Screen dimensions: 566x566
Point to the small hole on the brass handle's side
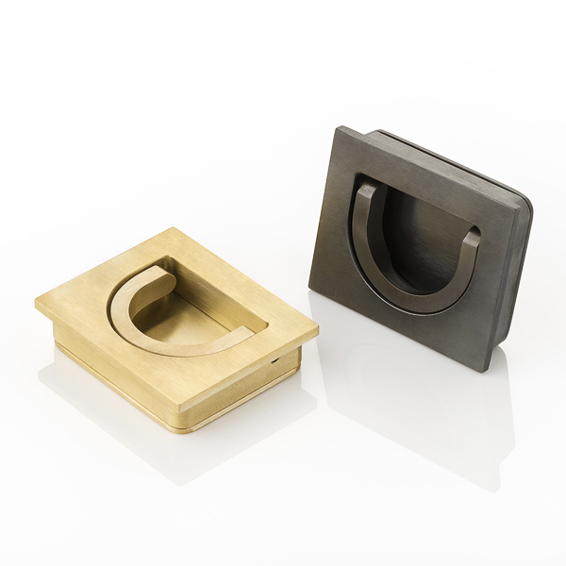tap(274, 360)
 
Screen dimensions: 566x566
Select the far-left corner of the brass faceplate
tap(38, 302)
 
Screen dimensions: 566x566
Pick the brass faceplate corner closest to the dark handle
tap(317, 329)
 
